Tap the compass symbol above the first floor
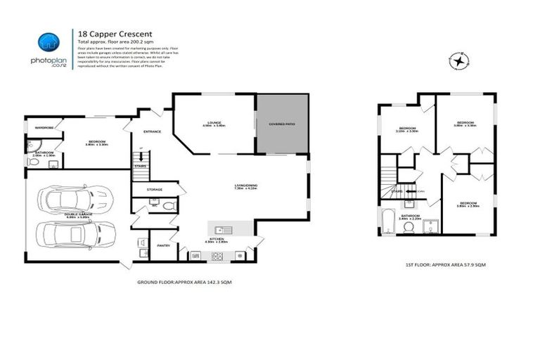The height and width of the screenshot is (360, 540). pyautogui.click(x=459, y=62)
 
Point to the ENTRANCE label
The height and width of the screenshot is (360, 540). pyautogui.click(x=153, y=131)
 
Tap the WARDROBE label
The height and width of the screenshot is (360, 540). pyautogui.click(x=44, y=127)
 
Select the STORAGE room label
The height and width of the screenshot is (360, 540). pyautogui.click(x=155, y=190)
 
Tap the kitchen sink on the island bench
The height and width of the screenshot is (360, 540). pyautogui.click(x=221, y=229)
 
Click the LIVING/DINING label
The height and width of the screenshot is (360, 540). pyautogui.click(x=246, y=186)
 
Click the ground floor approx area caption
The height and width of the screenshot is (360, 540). pyautogui.click(x=184, y=281)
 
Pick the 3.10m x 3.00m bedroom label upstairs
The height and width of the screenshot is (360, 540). pyautogui.click(x=406, y=129)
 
